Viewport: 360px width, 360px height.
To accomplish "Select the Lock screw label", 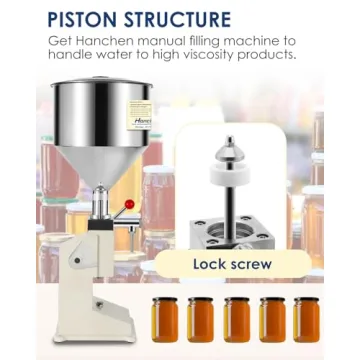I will (x=232, y=264).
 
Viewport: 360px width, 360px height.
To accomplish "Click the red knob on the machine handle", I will (x=128, y=205).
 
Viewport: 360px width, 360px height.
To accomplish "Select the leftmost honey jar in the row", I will (x=165, y=319).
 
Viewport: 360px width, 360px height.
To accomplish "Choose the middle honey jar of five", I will (x=237, y=319).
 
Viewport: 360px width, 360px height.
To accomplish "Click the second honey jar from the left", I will (x=201, y=319).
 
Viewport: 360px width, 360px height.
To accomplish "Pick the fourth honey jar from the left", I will (x=273, y=319).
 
